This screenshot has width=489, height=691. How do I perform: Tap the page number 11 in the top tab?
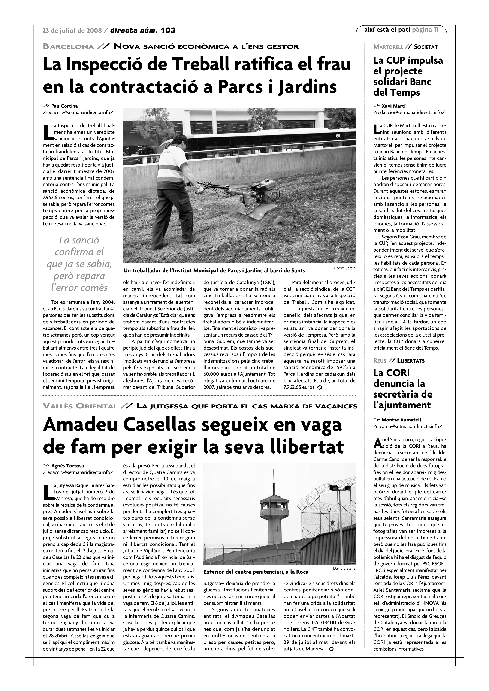coord(436,30)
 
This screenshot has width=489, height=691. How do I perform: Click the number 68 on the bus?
coord(338,136)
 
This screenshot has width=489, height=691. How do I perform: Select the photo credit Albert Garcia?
coord(344,268)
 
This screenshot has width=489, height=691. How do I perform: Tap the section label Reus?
coord(380,360)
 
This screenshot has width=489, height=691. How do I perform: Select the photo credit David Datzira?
coord(344,568)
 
